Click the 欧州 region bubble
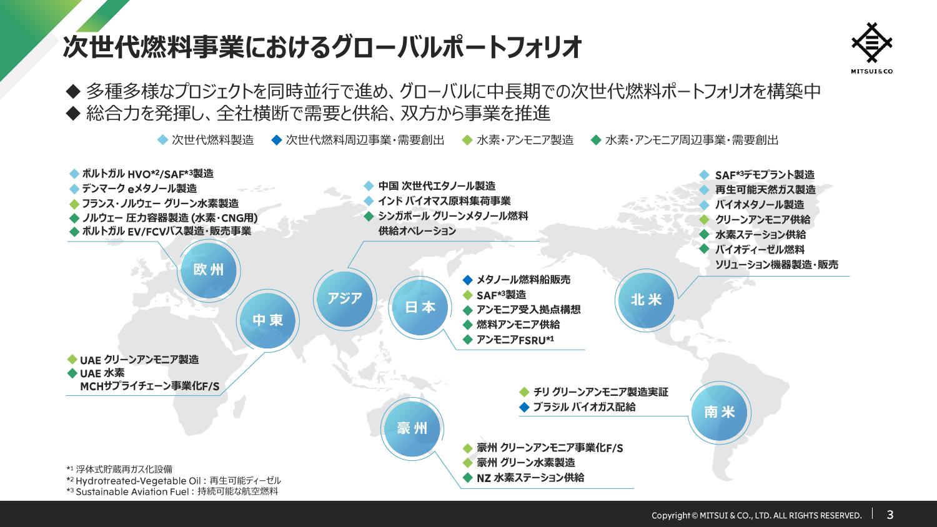pyautogui.click(x=209, y=270)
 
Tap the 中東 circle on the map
pyautogui.click(x=268, y=320)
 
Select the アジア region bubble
pyautogui.click(x=345, y=298)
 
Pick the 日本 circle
pyautogui.click(x=420, y=307)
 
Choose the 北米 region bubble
pyautogui.click(x=647, y=300)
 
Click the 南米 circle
pyautogui.click(x=720, y=412)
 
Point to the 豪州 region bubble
pyautogui.click(x=412, y=428)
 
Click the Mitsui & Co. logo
pyautogui.click(x=872, y=48)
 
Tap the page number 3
pyautogui.click(x=890, y=514)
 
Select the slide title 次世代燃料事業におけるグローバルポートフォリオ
pyautogui.click(x=322, y=47)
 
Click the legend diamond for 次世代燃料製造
pyautogui.click(x=162, y=140)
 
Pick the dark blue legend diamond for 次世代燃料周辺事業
pyautogui.click(x=277, y=140)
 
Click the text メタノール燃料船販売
pyautogui.click(x=523, y=280)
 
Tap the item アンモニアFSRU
pyautogui.click(x=515, y=340)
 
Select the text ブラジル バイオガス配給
pyautogui.click(x=584, y=407)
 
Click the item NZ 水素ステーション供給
pyautogui.click(x=530, y=478)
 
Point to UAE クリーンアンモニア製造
pyautogui.click(x=139, y=360)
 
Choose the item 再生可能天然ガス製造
pyautogui.click(x=765, y=190)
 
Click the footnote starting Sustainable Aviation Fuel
pyautogui.click(x=172, y=491)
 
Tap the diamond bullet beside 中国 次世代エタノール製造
pyautogui.click(x=369, y=186)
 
